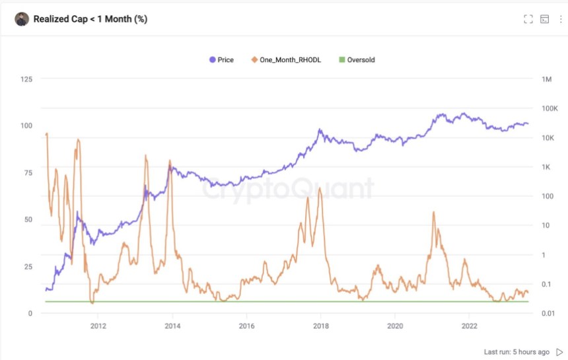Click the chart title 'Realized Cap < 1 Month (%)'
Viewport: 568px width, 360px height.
90,19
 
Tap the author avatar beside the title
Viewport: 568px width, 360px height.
22,19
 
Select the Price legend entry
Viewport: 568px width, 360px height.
221,60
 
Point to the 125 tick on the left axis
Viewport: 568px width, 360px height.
26,79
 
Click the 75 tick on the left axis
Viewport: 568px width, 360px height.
28,173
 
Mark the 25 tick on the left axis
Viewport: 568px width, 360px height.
28,267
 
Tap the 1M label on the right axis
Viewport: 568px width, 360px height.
546,79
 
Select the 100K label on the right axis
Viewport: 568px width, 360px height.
550,108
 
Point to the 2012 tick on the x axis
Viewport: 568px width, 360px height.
98,326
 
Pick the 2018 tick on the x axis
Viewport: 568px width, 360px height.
321,326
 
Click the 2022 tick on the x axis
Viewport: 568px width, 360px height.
470,326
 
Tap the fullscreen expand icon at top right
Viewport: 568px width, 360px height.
528,19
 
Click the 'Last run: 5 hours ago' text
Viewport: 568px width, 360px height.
516,352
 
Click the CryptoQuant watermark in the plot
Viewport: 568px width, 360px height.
287,190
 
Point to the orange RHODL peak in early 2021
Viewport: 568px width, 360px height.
433,212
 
